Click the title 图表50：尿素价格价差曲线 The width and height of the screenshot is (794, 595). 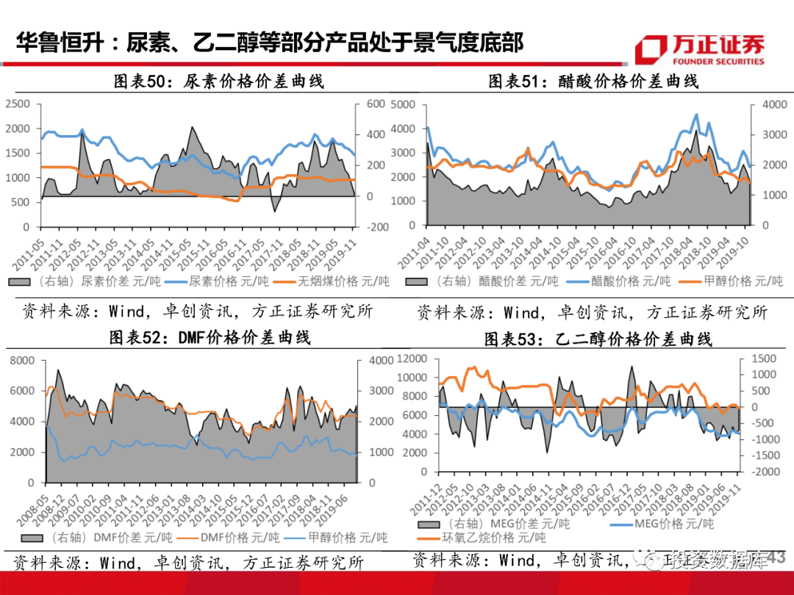(x=218, y=82)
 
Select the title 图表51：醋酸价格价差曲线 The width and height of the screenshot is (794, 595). (x=593, y=82)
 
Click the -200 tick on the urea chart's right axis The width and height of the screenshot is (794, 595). (x=378, y=227)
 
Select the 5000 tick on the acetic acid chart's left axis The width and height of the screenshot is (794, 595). (x=403, y=104)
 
